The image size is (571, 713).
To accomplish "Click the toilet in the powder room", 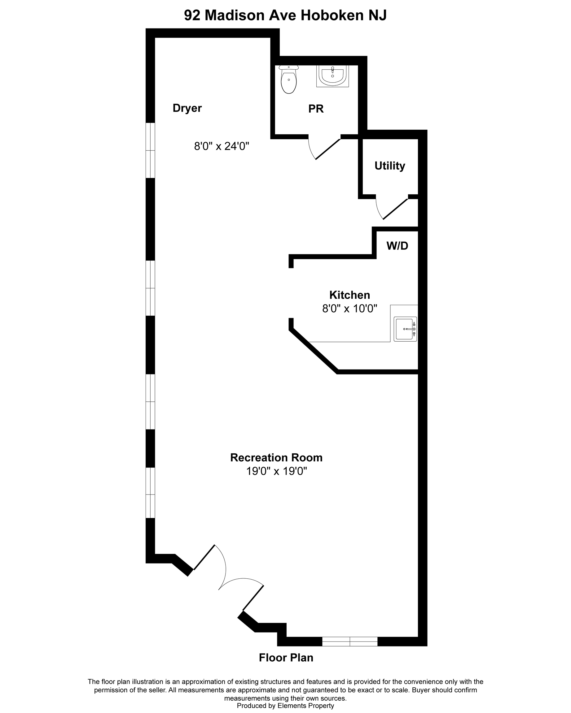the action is tap(289, 79).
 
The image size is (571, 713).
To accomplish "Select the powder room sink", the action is tap(332, 76).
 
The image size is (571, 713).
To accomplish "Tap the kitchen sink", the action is tap(405, 329).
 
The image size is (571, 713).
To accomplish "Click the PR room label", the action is tap(316, 109).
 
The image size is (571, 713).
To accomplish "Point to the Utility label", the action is tap(390, 166).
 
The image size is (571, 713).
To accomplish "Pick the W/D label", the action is tap(397, 246).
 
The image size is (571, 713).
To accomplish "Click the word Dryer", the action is tap(187, 108).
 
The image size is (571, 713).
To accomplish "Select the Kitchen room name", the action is tap(349, 295).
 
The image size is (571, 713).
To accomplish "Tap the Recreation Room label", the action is tap(276, 457).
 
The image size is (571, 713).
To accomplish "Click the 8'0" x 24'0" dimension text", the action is tap(222, 146).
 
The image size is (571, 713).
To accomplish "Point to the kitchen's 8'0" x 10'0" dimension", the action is tap(350, 309).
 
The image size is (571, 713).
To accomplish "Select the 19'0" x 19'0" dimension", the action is tap(276, 471).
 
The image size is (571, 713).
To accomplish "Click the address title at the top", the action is tap(285, 15).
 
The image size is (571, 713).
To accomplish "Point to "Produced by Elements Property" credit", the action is tap(285, 705).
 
